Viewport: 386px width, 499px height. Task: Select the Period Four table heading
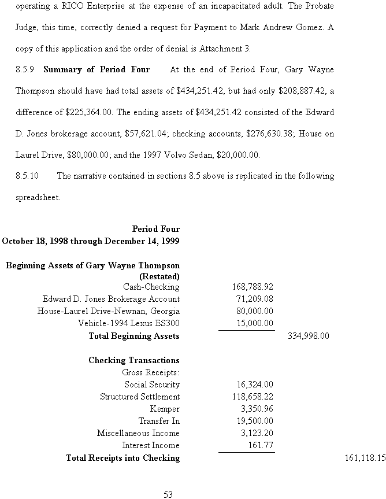[x=155, y=229]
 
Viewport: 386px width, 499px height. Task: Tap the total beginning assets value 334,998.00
[x=308, y=335]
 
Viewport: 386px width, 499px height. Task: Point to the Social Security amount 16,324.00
[x=255, y=384]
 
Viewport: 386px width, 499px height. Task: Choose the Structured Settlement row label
[x=140, y=397]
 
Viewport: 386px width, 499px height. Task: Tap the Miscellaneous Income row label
[x=138, y=433]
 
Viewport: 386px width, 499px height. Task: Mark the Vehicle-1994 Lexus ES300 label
[x=129, y=323]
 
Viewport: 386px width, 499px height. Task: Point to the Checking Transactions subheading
[x=133, y=360]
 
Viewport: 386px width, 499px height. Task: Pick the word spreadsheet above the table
[x=37, y=197]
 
